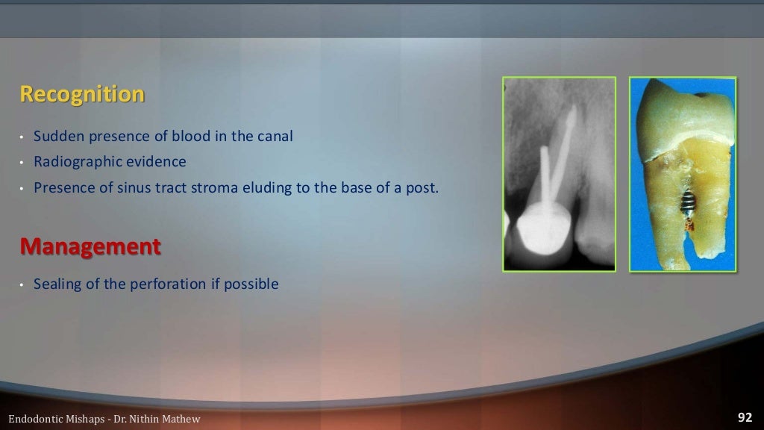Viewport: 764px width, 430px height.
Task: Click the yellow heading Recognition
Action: click(x=82, y=95)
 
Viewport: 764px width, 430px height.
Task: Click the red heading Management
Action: click(x=90, y=246)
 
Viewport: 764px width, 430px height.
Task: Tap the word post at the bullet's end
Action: click(x=424, y=187)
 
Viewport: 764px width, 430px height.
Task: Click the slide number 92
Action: click(x=745, y=417)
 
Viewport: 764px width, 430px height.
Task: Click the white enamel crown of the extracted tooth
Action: click(x=683, y=112)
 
